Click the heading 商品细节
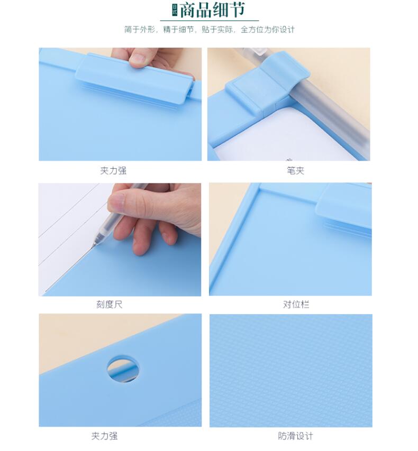[213, 10]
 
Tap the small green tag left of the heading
[175, 10]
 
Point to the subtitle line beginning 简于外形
[210, 29]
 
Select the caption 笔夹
[295, 171]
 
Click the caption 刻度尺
[110, 305]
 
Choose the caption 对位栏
[296, 305]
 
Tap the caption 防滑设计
[295, 436]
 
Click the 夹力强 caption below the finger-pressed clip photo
[113, 171]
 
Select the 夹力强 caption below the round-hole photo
[105, 436]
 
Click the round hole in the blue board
[123, 370]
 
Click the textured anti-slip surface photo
[291, 371]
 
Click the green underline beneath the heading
[210, 21]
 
